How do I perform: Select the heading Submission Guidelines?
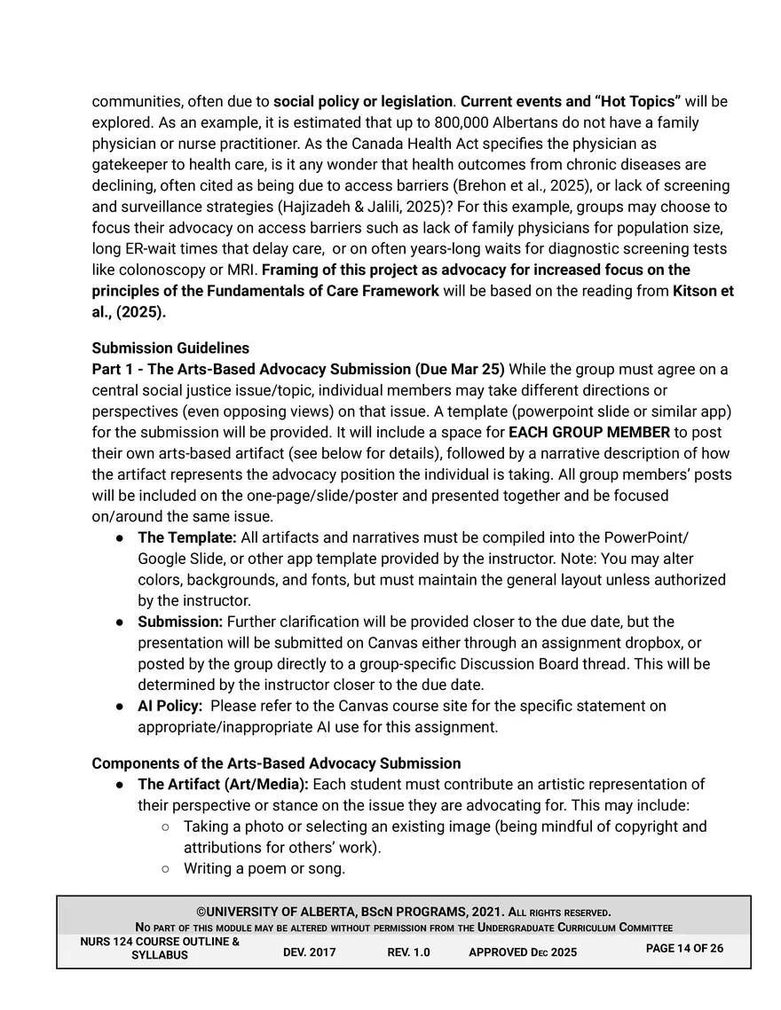coord(170,348)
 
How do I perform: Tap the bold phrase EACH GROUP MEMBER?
coord(588,432)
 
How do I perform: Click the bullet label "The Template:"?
coord(186,537)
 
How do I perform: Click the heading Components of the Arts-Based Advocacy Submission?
coord(276,763)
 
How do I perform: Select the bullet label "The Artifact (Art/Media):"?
coord(223,784)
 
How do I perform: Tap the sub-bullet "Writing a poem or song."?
coord(264,868)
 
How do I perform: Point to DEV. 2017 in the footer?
coord(309,952)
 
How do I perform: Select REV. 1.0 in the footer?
coord(408,952)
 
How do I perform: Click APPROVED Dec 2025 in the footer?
coord(522,952)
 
